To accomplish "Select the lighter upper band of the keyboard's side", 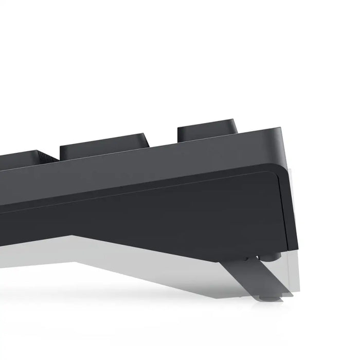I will coord(154,165).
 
